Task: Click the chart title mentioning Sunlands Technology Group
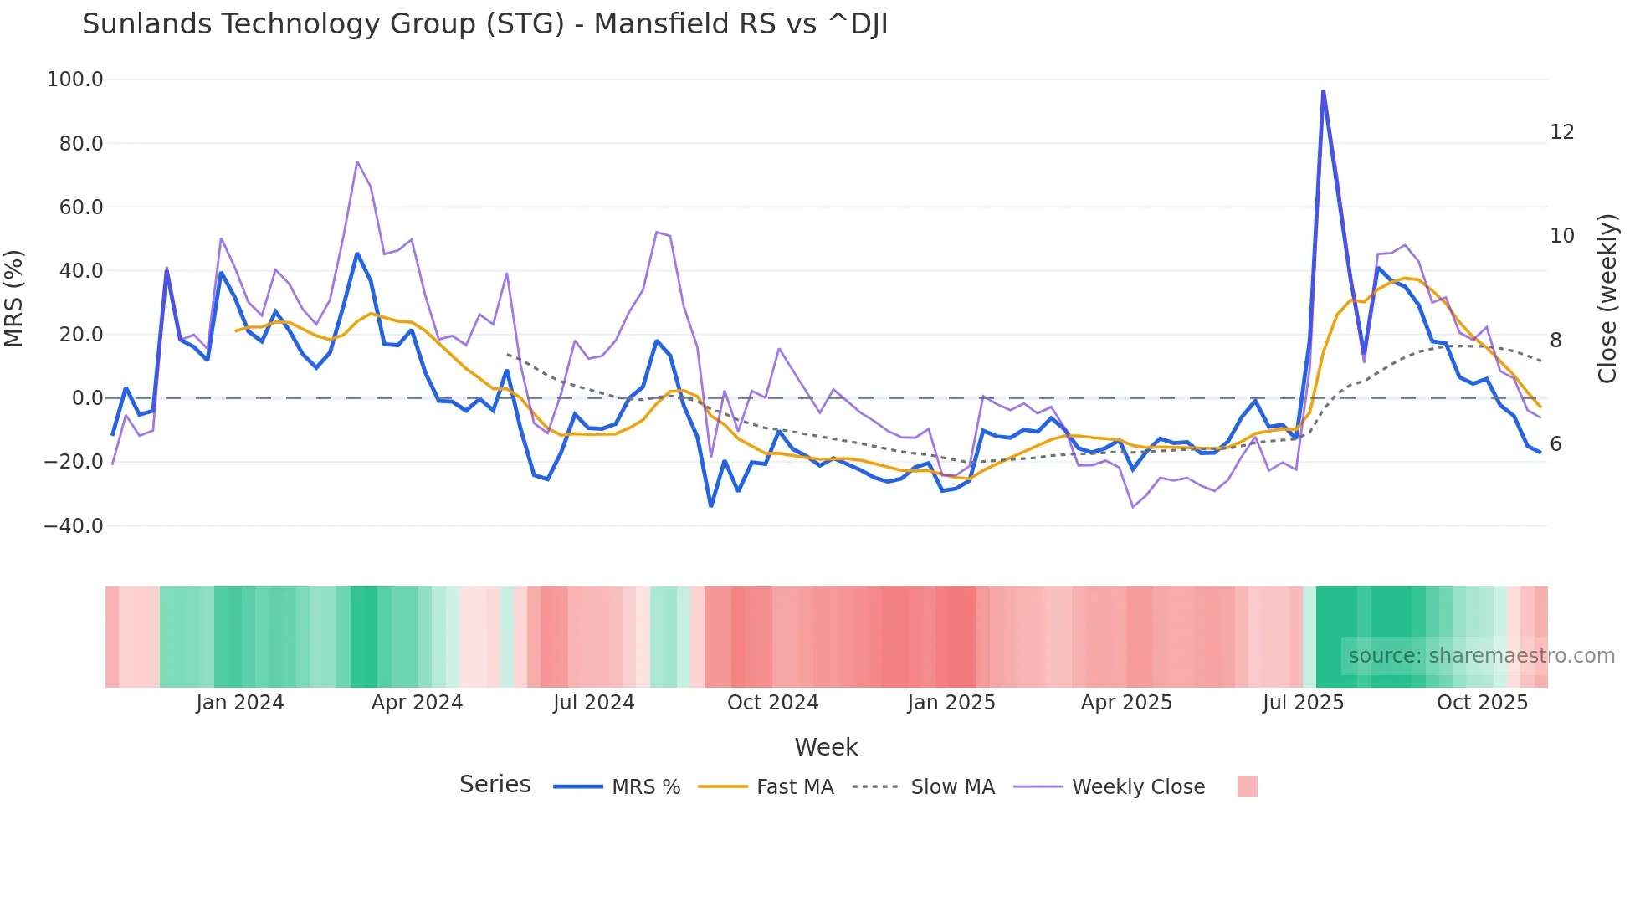click(484, 24)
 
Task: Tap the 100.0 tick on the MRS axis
click(74, 79)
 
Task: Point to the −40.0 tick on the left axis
click(73, 526)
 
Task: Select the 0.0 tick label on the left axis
click(87, 398)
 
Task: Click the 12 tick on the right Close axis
click(1561, 132)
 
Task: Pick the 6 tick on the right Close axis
click(1555, 444)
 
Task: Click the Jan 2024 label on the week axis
click(239, 703)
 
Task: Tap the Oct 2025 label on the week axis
click(1482, 703)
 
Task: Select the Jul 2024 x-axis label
click(593, 703)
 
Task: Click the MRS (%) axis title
click(14, 298)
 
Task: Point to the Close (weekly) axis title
click(1607, 298)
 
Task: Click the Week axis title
click(826, 747)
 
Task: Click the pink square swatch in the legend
click(1247, 786)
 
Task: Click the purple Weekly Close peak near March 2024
click(357, 162)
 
